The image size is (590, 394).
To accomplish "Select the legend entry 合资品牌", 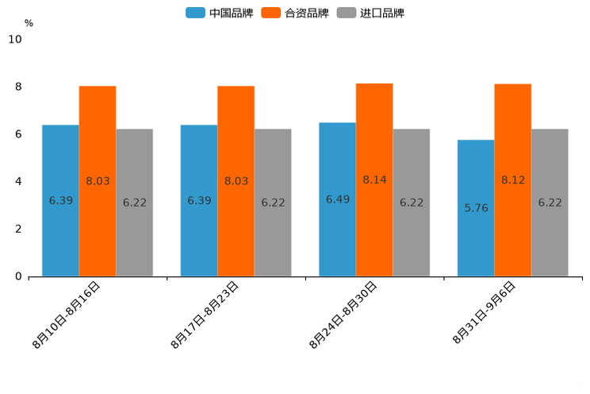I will (306, 13).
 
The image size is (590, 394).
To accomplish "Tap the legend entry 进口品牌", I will (381, 13).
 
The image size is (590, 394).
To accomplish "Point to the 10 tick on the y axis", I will (15, 39).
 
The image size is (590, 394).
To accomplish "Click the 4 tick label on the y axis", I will (18, 181).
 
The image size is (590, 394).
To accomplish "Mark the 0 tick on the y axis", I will (18, 276).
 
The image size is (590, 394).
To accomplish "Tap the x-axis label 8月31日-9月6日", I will (484, 313).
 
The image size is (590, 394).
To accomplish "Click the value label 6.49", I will (338, 199).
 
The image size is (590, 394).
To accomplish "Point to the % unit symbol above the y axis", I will (29, 23).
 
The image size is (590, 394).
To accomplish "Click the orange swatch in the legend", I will (272, 13).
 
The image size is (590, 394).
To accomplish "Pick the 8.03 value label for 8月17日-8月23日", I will (236, 181).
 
